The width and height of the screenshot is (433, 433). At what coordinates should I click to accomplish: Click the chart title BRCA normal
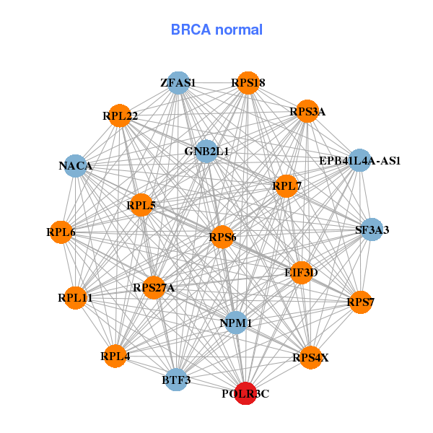(216, 30)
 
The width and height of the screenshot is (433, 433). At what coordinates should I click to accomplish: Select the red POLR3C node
(246, 393)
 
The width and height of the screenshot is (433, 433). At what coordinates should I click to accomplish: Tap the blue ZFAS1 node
(178, 83)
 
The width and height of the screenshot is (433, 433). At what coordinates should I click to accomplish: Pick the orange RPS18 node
(248, 83)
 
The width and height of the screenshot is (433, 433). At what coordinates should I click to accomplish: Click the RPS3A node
(307, 111)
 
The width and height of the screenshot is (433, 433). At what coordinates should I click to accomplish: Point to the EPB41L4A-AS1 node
(359, 160)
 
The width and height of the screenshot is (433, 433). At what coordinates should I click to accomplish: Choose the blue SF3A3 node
(372, 230)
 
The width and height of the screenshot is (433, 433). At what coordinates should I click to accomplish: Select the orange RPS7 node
(360, 301)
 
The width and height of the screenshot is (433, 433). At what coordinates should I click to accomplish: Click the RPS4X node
(310, 357)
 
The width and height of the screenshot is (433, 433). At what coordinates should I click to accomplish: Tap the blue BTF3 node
(176, 380)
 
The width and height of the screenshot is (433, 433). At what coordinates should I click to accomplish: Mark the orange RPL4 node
(115, 356)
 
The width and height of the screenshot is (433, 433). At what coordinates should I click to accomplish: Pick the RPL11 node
(75, 297)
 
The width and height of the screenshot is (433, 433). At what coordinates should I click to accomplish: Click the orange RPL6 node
(61, 232)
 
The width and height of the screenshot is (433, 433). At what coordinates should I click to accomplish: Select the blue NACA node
(76, 166)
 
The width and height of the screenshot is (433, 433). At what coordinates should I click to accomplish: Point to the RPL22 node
(121, 115)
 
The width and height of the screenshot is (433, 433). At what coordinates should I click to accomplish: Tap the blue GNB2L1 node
(206, 152)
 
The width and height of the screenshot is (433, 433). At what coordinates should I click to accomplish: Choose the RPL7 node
(287, 186)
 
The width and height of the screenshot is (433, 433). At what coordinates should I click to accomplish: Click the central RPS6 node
(222, 237)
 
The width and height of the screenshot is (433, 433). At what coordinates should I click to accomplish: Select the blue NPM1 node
(236, 323)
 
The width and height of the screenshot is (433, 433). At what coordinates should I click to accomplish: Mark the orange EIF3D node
(301, 272)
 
